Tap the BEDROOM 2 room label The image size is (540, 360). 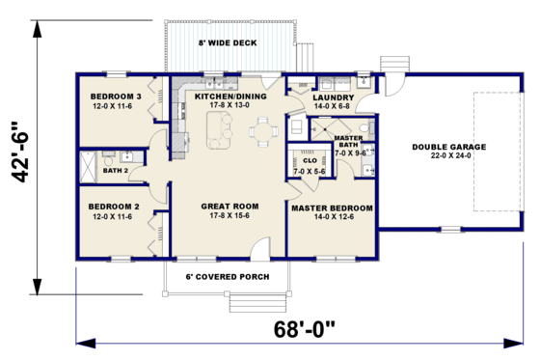point(115,207)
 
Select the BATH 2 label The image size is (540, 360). point(115,170)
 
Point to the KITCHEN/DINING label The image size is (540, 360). point(229,97)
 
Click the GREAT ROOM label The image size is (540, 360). point(229,206)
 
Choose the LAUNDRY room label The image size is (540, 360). point(334,97)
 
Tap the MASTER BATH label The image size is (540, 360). point(348,141)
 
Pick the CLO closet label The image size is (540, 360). point(310,160)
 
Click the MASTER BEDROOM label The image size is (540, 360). point(332,208)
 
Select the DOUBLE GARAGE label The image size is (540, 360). point(448,148)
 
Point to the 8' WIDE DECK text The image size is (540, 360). point(227,42)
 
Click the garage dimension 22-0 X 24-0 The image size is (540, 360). point(448,157)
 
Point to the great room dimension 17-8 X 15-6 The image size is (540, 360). point(229,215)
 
